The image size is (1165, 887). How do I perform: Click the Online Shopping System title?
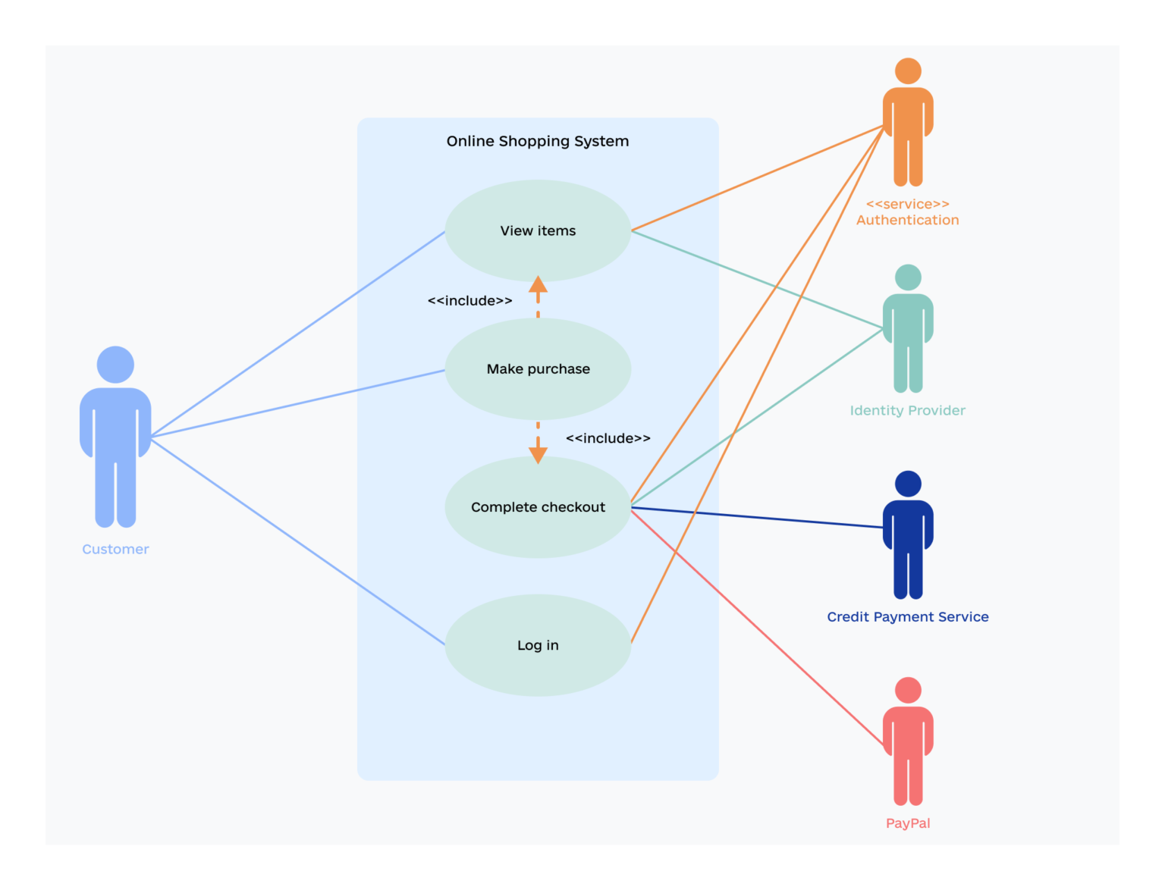tap(538, 141)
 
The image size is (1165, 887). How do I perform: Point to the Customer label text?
tap(115, 549)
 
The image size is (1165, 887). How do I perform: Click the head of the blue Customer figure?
tap(115, 365)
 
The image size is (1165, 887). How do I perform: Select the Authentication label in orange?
tap(907, 220)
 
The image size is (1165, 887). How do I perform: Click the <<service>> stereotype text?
tap(907, 204)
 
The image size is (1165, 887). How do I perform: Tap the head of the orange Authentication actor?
tap(908, 71)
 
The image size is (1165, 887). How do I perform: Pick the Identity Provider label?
tap(907, 410)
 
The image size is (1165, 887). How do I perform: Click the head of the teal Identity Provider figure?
tap(908, 277)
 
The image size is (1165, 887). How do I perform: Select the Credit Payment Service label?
tap(907, 617)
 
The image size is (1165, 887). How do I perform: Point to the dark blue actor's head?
tap(908, 484)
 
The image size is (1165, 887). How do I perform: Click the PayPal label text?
tap(908, 823)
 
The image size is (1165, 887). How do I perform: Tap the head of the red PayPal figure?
tap(908, 691)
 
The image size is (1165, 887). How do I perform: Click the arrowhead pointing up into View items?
tap(538, 285)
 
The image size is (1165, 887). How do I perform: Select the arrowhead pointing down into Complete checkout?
tap(538, 454)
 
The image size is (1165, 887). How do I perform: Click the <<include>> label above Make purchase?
tap(469, 301)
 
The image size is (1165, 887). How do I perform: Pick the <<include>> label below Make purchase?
tap(608, 438)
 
